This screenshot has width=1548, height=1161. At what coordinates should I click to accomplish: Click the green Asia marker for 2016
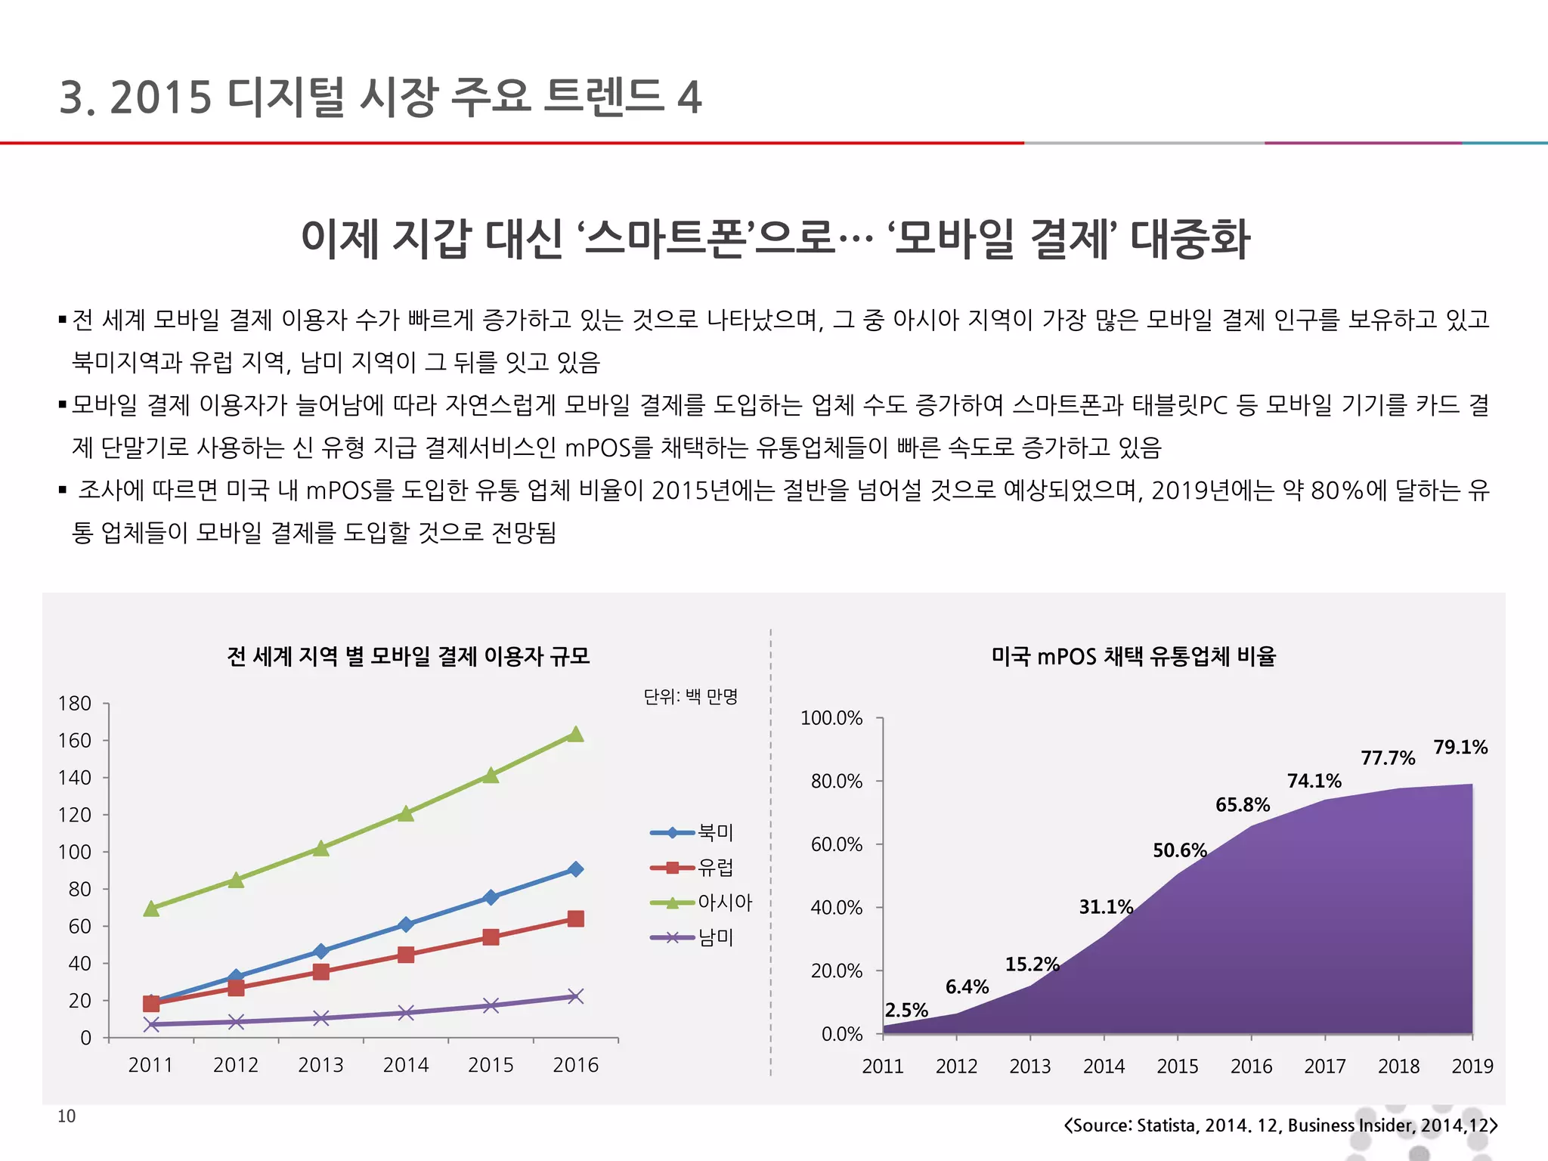pyautogui.click(x=575, y=735)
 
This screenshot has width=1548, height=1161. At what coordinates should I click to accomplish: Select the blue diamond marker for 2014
pyautogui.click(x=406, y=924)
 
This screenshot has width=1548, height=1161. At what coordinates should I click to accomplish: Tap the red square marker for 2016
pyautogui.click(x=575, y=919)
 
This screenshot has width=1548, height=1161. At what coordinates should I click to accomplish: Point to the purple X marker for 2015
pyautogui.click(x=491, y=1005)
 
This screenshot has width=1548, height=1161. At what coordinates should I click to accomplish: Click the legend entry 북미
pyautogui.click(x=715, y=832)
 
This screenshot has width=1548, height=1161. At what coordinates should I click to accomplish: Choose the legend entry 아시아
pyautogui.click(x=724, y=902)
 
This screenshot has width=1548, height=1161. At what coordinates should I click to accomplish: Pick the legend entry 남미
pyautogui.click(x=715, y=938)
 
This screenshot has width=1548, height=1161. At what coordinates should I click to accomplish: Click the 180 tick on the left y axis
pyautogui.click(x=74, y=704)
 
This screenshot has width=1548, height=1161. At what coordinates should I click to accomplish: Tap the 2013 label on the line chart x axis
pyautogui.click(x=320, y=1065)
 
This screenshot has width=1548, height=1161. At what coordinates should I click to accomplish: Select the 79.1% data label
pyautogui.click(x=1460, y=748)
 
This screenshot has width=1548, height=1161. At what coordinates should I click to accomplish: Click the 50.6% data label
pyautogui.click(x=1179, y=851)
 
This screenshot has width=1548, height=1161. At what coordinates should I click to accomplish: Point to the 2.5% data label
pyautogui.click(x=906, y=1011)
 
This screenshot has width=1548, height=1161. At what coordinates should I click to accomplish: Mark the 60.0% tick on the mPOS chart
pyautogui.click(x=836, y=844)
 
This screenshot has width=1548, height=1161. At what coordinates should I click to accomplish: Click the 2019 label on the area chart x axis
pyautogui.click(x=1472, y=1067)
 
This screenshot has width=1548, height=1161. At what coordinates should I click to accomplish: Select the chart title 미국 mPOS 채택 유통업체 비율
pyautogui.click(x=1133, y=656)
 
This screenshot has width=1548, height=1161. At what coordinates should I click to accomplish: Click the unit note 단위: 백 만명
pyautogui.click(x=690, y=696)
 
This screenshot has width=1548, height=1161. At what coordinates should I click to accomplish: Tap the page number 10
pyautogui.click(x=67, y=1116)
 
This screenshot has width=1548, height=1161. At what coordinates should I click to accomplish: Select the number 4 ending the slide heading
pyautogui.click(x=689, y=98)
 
